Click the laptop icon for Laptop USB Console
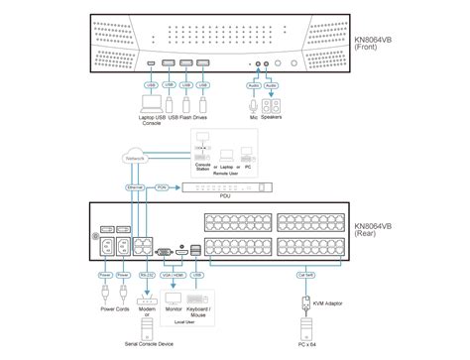(151, 103)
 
